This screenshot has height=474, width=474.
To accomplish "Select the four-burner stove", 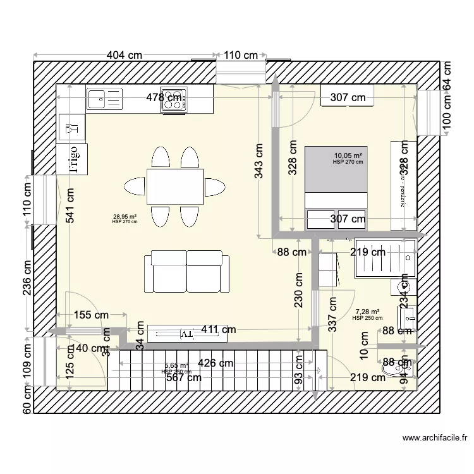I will point(174,101).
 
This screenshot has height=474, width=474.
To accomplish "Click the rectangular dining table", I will point(175,186).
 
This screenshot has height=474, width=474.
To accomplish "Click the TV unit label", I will point(187,332).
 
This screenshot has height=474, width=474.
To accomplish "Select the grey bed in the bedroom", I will point(336,169).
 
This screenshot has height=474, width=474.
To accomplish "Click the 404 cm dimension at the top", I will point(124,56).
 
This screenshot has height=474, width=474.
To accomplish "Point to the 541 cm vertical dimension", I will point(70,206).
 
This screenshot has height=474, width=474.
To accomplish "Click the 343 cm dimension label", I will point(259,161).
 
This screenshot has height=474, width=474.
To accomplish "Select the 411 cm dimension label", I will point(219,329).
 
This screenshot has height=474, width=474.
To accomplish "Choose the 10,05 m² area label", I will point(348,155).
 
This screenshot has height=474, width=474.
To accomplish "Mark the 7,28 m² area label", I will point(367,312).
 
